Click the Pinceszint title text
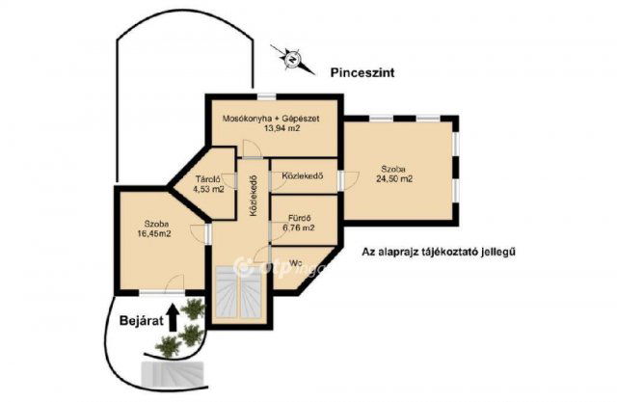tap(362, 72)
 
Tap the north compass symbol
tap(289, 59)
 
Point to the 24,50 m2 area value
tap(395, 178)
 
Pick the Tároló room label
tap(209, 178)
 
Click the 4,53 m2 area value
tap(209, 189)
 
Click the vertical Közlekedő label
tap(253, 198)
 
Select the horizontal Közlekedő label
tap(302, 176)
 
